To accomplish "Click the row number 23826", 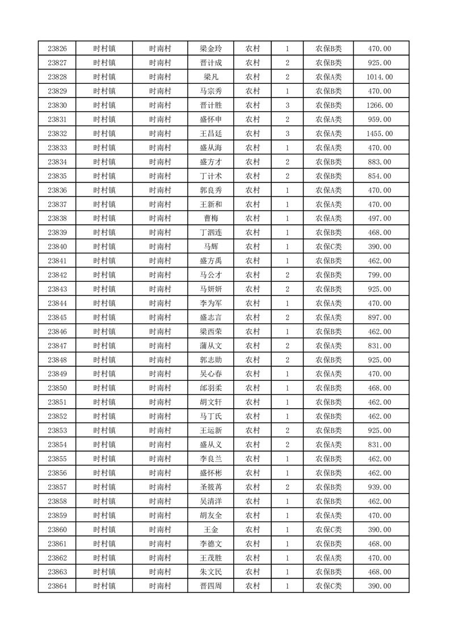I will [x=57, y=49].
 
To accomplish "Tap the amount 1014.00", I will [x=380, y=77].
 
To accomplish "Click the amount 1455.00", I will [x=380, y=134].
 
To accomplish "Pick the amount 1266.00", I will [x=380, y=105].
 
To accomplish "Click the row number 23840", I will [x=57, y=247].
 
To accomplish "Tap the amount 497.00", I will [x=380, y=218].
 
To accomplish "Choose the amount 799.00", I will [x=380, y=275].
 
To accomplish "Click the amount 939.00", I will [x=380, y=487].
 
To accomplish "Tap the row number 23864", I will [x=57, y=586].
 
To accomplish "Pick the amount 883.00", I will [x=380, y=162].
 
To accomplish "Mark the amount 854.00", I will [x=380, y=176].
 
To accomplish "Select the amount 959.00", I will [x=380, y=120].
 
